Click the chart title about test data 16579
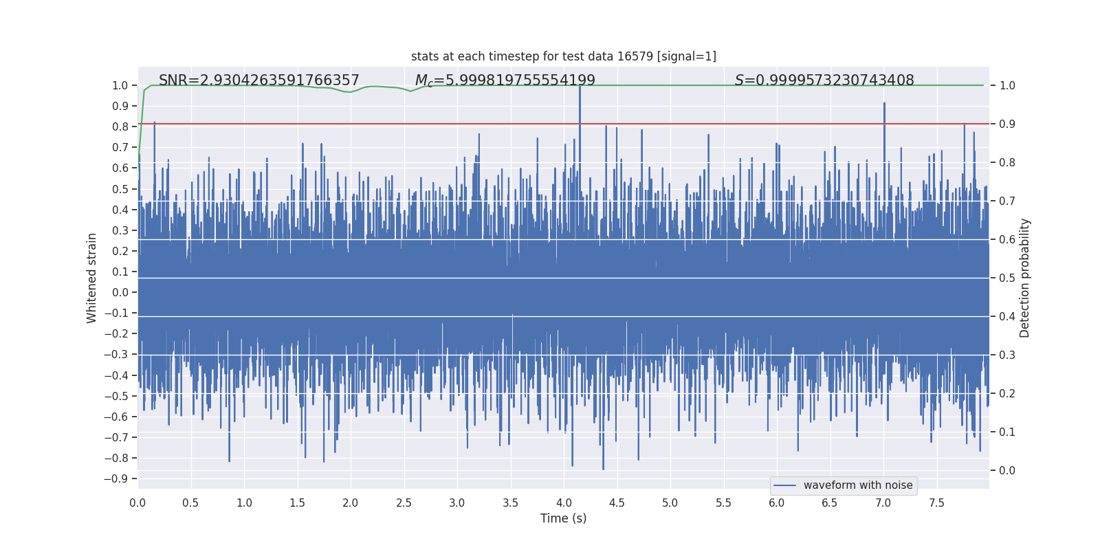pyautogui.click(x=564, y=56)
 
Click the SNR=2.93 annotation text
pyautogui.click(x=259, y=80)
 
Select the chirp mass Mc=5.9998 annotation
pyautogui.click(x=505, y=80)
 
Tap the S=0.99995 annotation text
pyautogui.click(x=824, y=80)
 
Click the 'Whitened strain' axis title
pyautogui.click(x=92, y=278)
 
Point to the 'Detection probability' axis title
pyautogui.click(x=1025, y=278)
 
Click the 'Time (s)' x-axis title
pyautogui.click(x=564, y=518)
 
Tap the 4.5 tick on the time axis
pyautogui.click(x=617, y=503)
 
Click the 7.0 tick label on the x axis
pyautogui.click(x=883, y=503)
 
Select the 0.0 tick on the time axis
pyautogui.click(x=137, y=503)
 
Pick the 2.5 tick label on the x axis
pyautogui.click(x=404, y=503)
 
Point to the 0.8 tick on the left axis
pyautogui.click(x=120, y=126)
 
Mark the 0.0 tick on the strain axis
pyautogui.click(x=120, y=292)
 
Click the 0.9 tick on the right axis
pyautogui.click(x=1007, y=124)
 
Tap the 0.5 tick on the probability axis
pyautogui.click(x=1007, y=278)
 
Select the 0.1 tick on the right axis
pyautogui.click(x=1007, y=432)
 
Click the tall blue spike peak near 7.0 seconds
pyautogui.click(x=884, y=104)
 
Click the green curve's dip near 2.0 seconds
pyautogui.click(x=349, y=92)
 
